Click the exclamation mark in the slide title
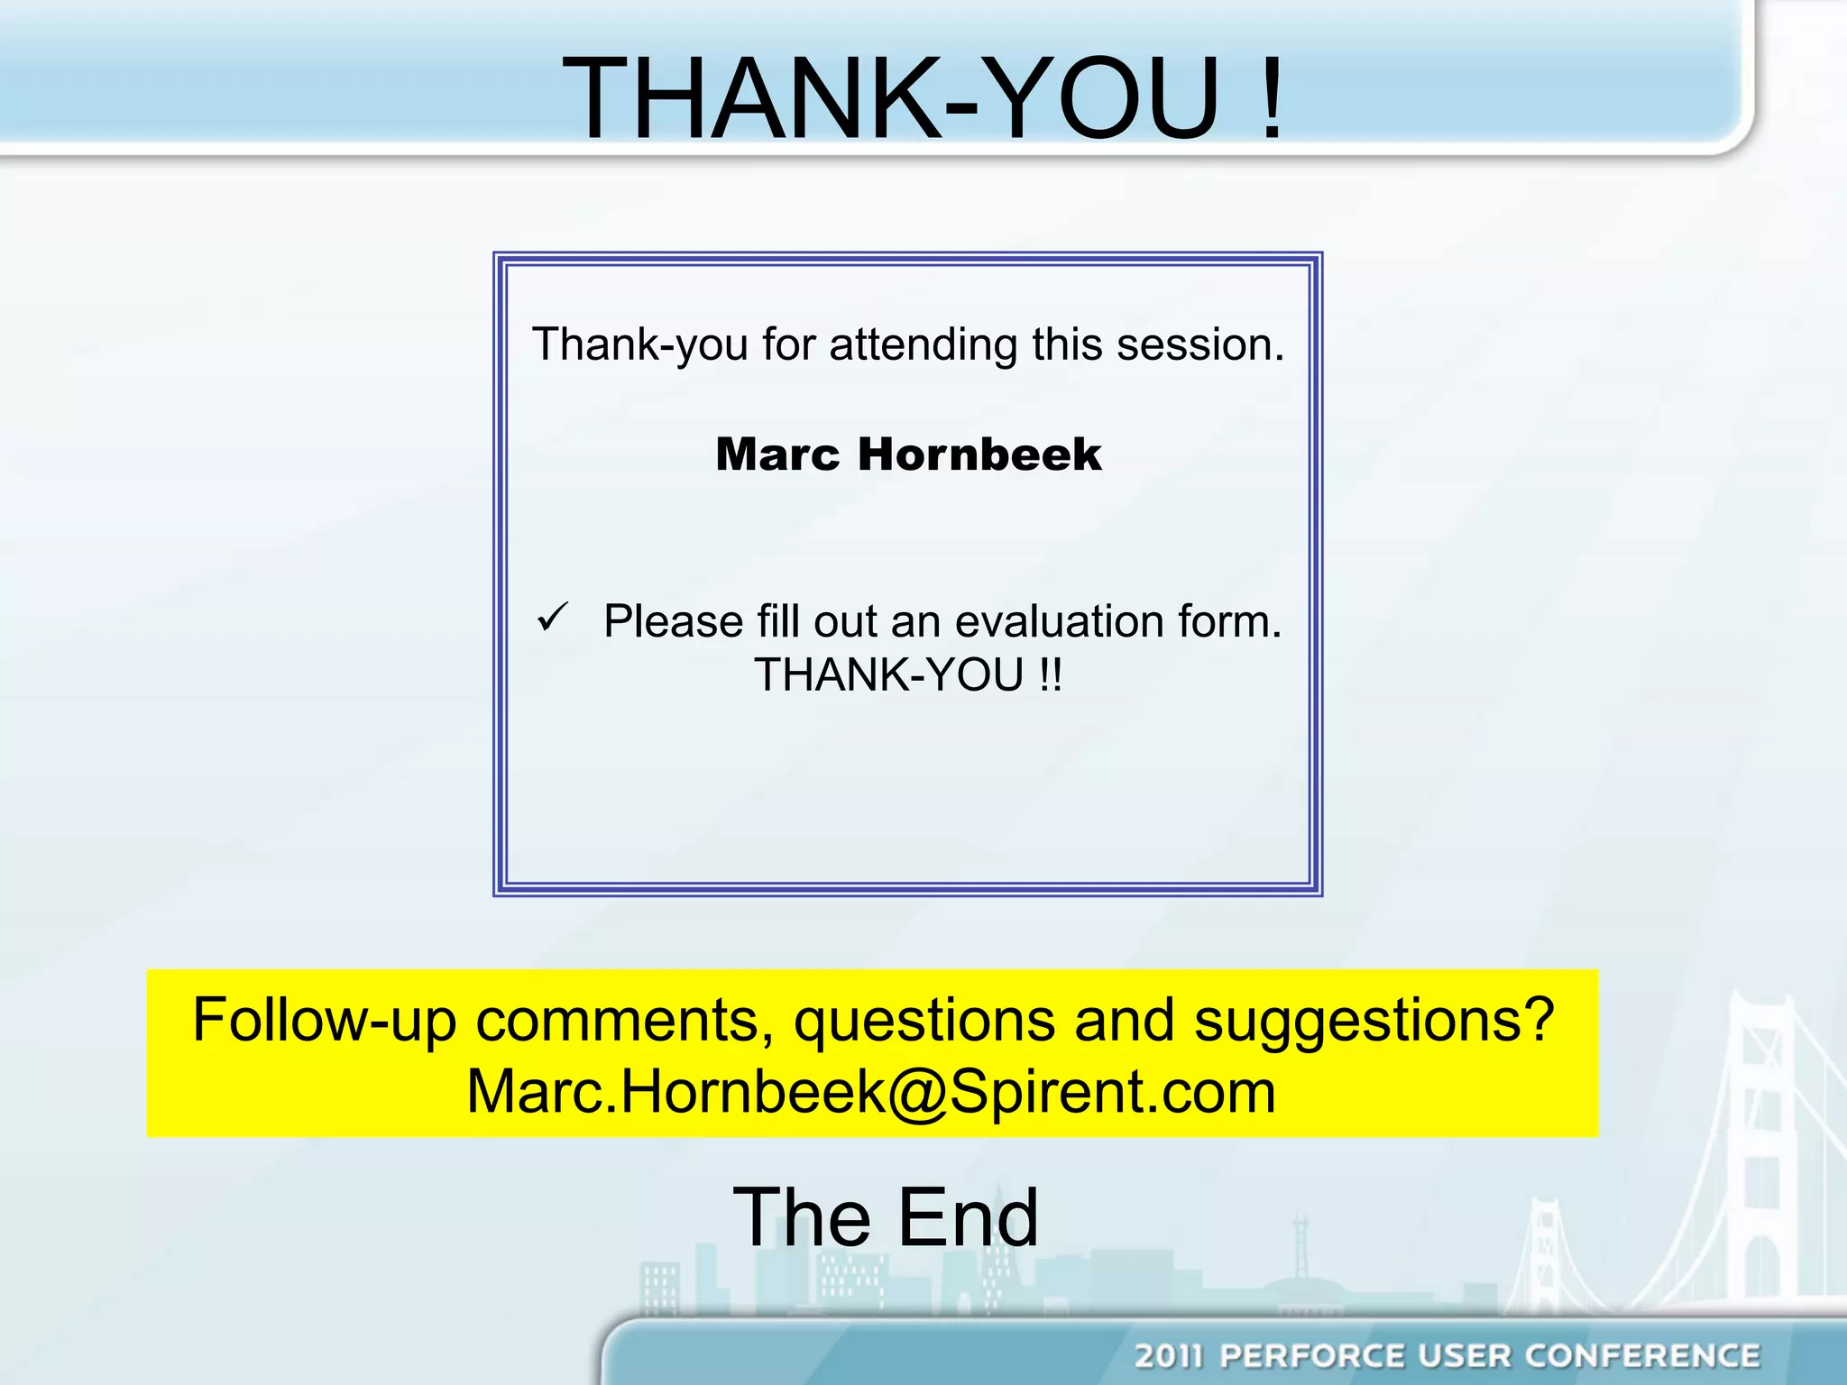coord(1272,97)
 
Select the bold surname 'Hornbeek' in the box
coord(979,454)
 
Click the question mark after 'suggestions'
coord(1537,1020)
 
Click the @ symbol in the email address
coord(919,1093)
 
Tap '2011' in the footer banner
coord(1169,1355)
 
